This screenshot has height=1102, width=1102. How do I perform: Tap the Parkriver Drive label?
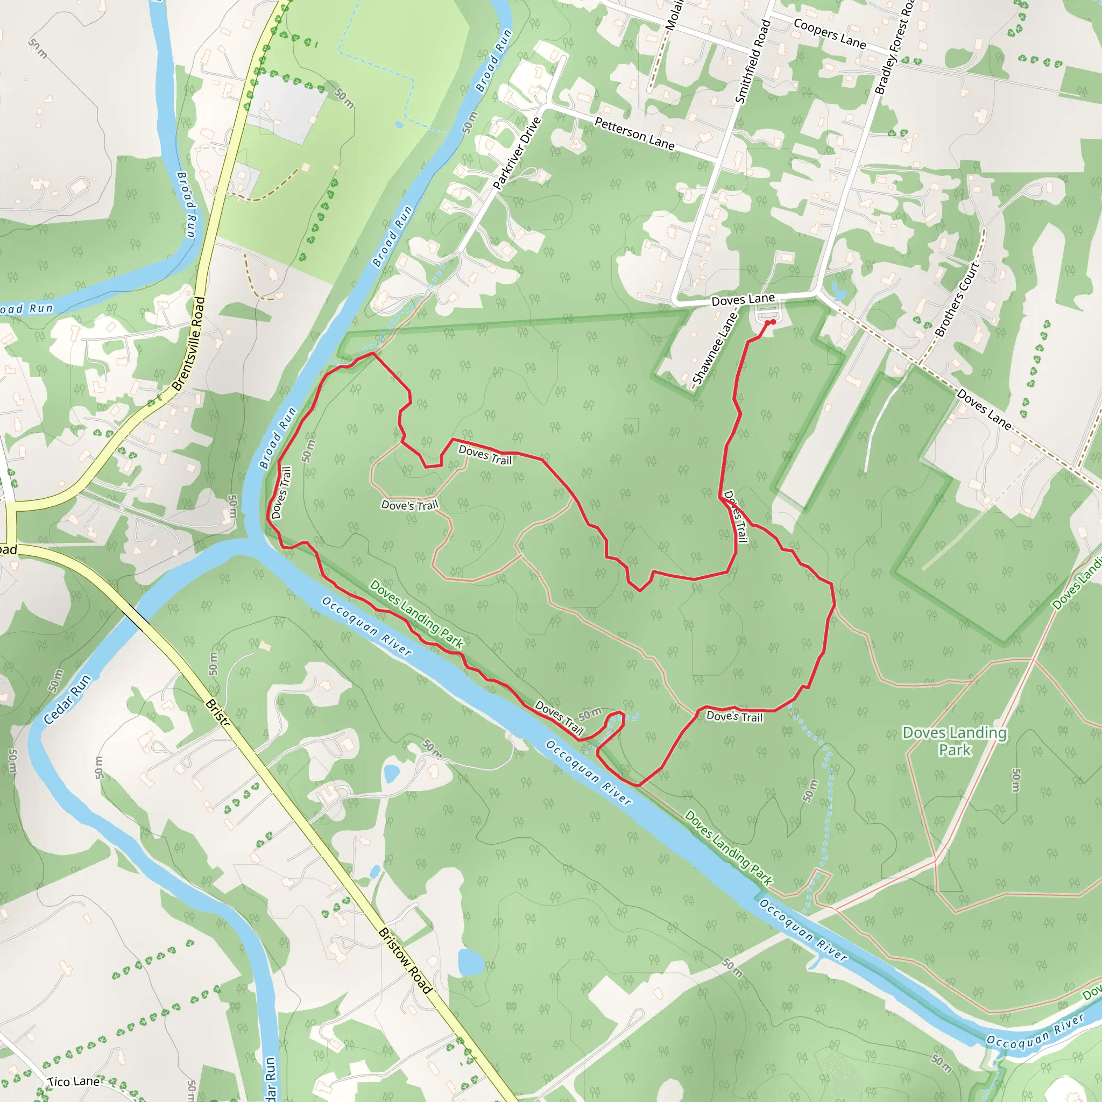516,153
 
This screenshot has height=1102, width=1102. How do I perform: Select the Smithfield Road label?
753,61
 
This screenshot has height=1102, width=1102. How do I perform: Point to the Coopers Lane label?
829,33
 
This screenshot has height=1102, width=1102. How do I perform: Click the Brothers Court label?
957,299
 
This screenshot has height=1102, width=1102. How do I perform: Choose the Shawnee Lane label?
714,349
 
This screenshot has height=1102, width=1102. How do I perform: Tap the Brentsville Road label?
188,344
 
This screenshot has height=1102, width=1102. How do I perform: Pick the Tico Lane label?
74,1082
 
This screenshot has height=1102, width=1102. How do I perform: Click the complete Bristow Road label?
405,960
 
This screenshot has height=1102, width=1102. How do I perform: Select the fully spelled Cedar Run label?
67,700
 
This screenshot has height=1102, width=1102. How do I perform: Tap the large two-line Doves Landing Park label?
954,741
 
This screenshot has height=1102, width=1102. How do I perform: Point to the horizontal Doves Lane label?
743,300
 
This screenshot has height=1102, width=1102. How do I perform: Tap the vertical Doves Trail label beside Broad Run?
282,493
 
